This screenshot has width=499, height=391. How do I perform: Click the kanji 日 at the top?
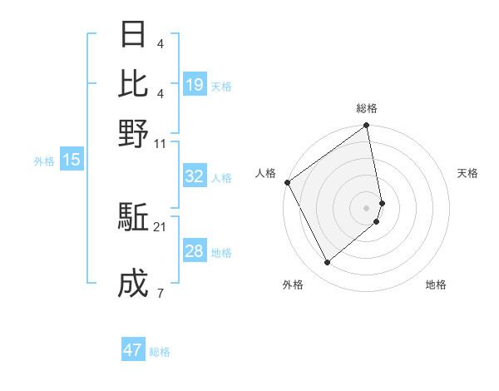point(133,35)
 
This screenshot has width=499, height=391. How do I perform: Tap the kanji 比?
point(133,84)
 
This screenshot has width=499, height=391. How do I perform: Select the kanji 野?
point(133,133)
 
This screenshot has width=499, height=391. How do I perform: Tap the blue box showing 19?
point(194,85)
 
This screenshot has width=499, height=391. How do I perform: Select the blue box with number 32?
point(194,176)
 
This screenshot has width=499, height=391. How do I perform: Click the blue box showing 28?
point(194,251)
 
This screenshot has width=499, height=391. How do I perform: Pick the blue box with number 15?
point(71,160)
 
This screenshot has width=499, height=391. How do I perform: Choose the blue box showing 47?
point(132,350)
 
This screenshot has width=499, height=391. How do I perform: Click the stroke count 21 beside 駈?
point(160,226)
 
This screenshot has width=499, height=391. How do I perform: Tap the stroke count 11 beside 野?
point(160,144)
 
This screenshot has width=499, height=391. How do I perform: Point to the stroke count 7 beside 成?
point(160,292)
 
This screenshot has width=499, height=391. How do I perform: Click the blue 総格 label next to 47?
point(160,352)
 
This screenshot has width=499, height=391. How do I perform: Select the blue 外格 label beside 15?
point(44,161)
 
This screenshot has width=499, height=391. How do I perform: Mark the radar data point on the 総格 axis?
point(367,126)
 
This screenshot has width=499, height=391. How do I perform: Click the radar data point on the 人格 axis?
point(287,182)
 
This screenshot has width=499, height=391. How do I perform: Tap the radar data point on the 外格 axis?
point(328,263)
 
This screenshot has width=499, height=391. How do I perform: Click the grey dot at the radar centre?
point(367,207)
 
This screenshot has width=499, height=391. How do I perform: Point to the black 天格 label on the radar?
point(467,173)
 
